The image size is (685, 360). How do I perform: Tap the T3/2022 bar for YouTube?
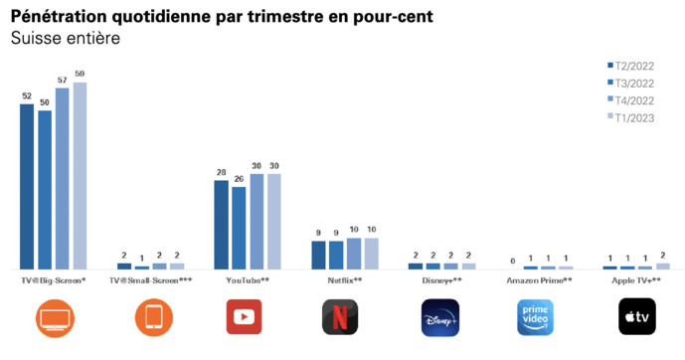pos(239,228)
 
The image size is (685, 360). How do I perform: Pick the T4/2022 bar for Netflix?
pos(354,254)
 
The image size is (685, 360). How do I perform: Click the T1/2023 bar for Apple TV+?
pos(663,266)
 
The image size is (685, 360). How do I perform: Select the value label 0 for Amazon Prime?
pos(513,261)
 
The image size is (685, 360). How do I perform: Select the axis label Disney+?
pos(441,280)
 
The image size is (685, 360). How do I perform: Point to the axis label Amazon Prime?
pos(540,280)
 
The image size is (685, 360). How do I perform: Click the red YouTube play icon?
pos(245,317)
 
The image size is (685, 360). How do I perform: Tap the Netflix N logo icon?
pos(340,317)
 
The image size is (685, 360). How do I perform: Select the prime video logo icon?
pos(540,317)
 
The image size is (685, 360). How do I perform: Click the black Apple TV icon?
pos(636,317)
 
